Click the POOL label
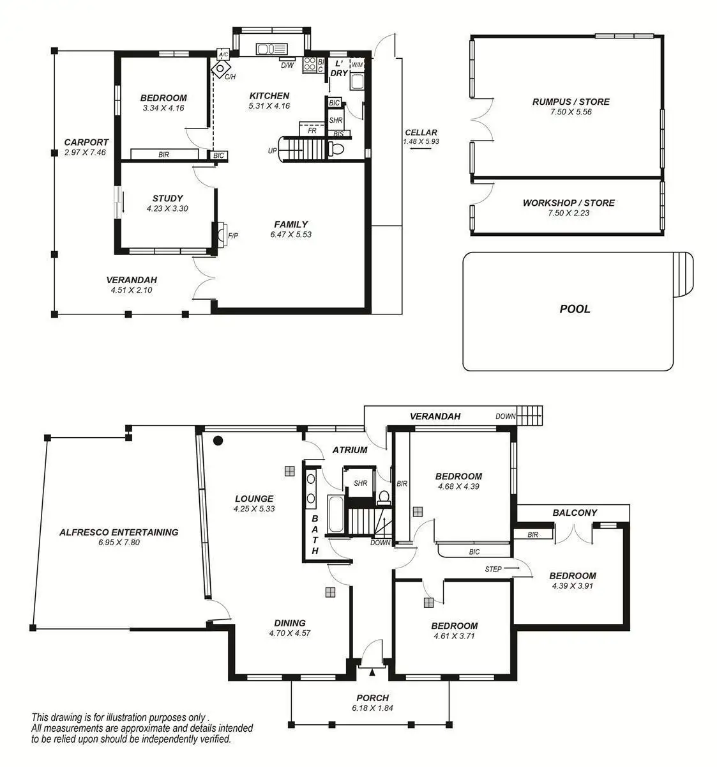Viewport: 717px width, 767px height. [x=574, y=309]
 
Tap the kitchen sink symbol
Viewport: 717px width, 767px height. [x=271, y=49]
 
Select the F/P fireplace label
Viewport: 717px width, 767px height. [x=232, y=235]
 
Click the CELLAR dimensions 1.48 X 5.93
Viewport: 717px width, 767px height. [x=421, y=141]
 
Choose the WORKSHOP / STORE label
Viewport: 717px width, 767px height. [x=568, y=203]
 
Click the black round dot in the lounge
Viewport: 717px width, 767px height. [x=218, y=440]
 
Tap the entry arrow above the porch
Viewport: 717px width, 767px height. [x=372, y=672]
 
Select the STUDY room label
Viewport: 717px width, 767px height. [x=167, y=198]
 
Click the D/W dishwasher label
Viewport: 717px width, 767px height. [x=287, y=65]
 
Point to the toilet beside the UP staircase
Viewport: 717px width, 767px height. [x=335, y=149]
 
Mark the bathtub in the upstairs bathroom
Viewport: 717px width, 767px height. [x=335, y=513]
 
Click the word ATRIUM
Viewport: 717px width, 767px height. [x=350, y=450]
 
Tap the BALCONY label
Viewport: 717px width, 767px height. [x=574, y=513]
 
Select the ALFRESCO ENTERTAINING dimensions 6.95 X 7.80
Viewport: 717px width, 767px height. [x=119, y=542]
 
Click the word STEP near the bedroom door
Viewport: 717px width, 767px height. [x=493, y=569]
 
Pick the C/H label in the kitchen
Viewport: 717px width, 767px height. [x=230, y=77]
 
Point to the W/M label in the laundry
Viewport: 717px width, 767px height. [x=357, y=65]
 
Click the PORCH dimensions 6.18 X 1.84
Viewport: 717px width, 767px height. [x=372, y=708]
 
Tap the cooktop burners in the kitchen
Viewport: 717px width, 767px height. [x=310, y=65]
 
